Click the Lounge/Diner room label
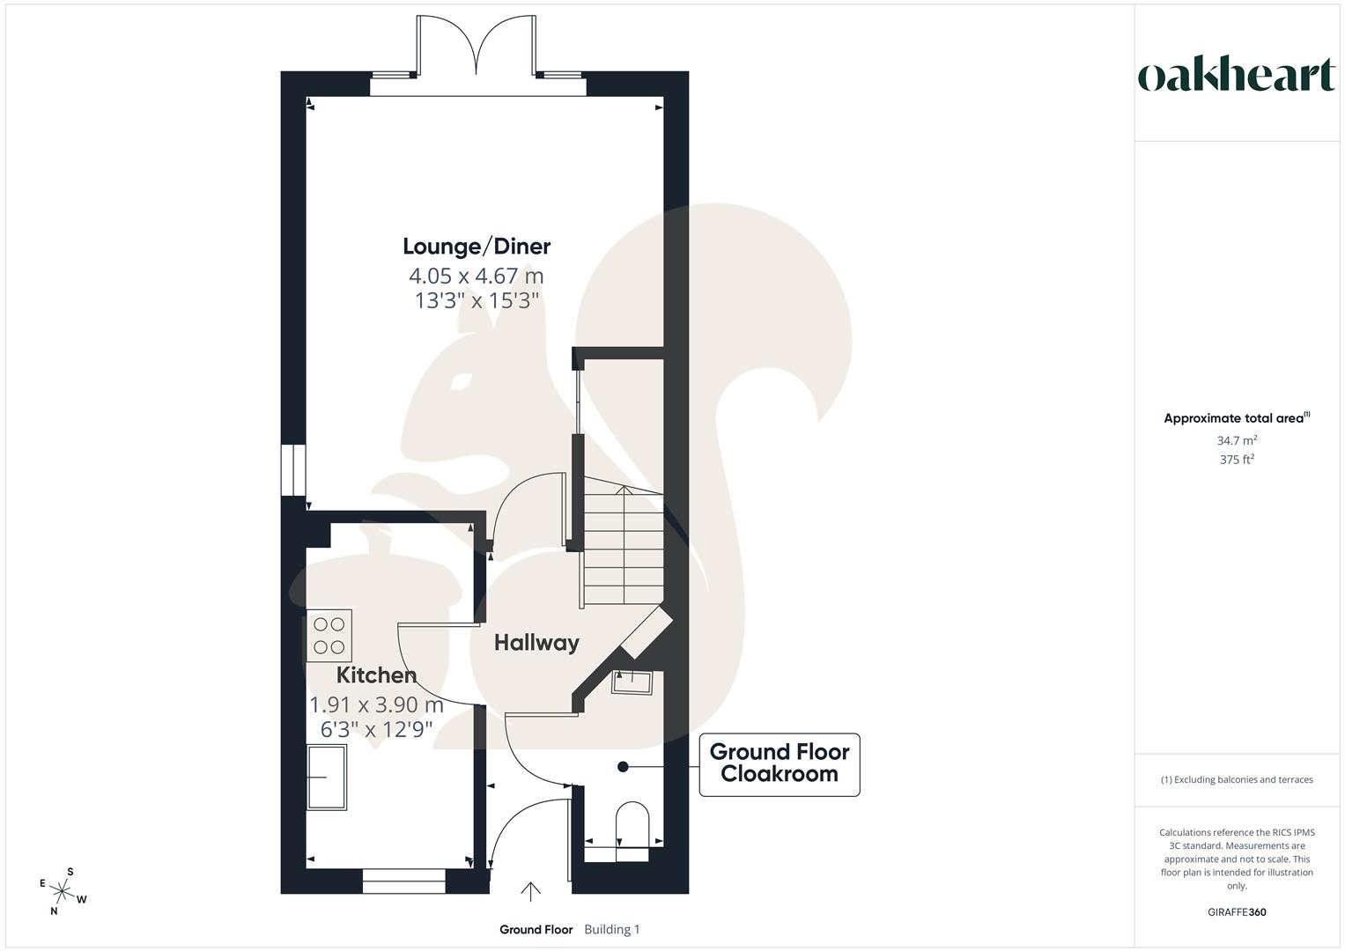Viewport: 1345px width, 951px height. pos(477,247)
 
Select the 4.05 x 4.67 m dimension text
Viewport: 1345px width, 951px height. pos(477,276)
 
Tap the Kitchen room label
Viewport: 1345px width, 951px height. pos(376,675)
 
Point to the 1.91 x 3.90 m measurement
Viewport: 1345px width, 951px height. pos(376,704)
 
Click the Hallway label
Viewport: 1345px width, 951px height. pos(536,643)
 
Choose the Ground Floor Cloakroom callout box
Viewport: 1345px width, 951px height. pos(779,763)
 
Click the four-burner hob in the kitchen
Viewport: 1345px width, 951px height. pos(329,636)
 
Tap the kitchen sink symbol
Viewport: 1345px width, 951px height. pos(326,777)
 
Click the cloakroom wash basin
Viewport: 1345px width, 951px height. pos(632,682)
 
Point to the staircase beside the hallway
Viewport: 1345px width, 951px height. pos(621,546)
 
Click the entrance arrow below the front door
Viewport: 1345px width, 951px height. pos(530,892)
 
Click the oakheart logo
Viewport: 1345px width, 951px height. pos(1236,76)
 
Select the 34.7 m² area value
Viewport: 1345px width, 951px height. pos(1236,440)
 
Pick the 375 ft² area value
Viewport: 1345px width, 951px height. pos(1236,460)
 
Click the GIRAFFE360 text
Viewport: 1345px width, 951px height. pos(1236,912)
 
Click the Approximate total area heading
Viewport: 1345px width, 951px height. pos(1236,418)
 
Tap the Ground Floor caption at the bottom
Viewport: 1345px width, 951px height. pos(536,930)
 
